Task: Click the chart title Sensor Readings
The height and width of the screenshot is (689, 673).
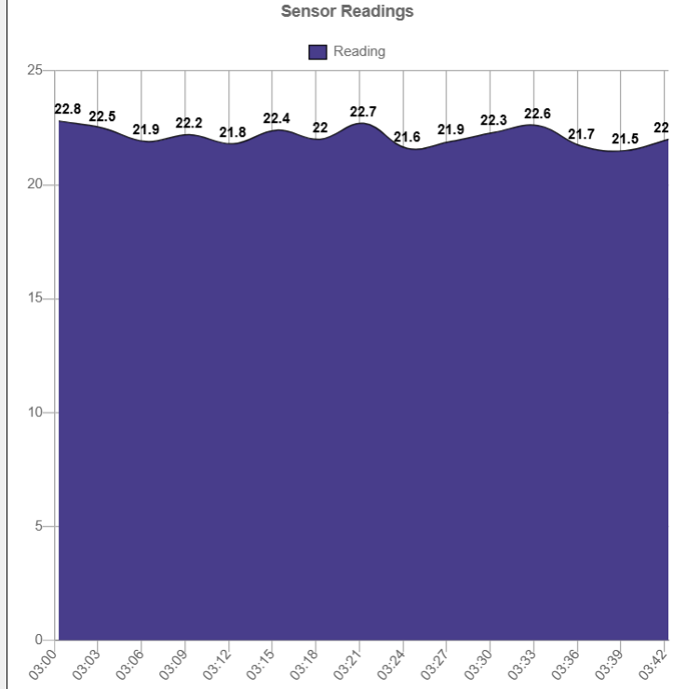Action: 347,12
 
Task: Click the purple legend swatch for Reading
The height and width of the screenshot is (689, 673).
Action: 317,52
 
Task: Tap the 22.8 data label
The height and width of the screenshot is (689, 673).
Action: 68,109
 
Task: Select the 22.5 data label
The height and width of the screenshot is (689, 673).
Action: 102,116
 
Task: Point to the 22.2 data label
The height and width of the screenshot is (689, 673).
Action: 189,123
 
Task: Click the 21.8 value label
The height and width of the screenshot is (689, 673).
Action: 233,132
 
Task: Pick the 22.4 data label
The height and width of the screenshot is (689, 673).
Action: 276,118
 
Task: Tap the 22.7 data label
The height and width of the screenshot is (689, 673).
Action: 363,112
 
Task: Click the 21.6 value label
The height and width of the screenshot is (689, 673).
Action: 407,137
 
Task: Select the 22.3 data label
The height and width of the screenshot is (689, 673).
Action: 493,120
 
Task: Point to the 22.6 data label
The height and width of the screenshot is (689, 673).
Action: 537,114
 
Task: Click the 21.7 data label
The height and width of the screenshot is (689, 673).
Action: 581,134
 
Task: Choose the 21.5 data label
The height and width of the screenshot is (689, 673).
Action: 625,139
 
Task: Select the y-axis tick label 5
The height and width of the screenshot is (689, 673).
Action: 41,526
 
